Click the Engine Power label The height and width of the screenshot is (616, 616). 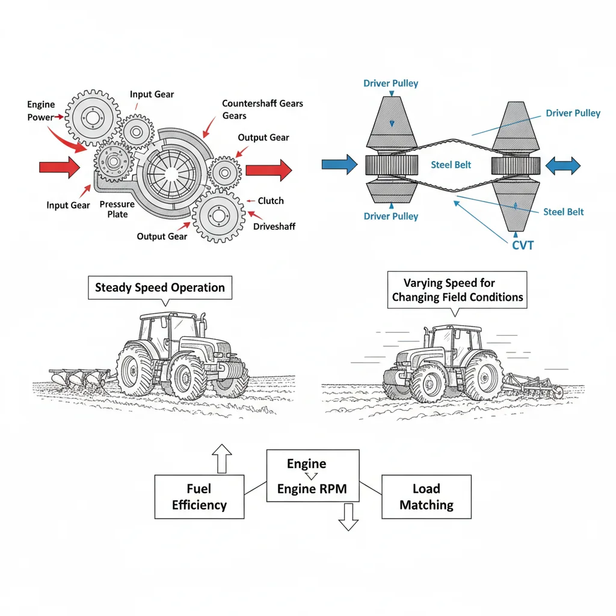tap(41, 111)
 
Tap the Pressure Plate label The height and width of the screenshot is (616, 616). tap(117, 209)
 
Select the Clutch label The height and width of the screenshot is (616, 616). tap(271, 201)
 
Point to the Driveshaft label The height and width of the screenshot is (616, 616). tap(274, 227)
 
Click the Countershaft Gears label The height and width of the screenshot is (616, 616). tap(262, 109)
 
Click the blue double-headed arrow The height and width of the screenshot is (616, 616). tap(562, 165)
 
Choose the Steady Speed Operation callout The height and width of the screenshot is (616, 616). tap(160, 288)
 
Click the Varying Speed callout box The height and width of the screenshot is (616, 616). tap(457, 290)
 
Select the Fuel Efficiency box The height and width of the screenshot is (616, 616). tap(199, 497)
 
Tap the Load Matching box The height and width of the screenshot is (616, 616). tap(427, 497)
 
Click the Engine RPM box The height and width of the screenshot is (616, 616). tap(312, 476)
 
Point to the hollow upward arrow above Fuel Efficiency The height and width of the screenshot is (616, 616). tap(222, 458)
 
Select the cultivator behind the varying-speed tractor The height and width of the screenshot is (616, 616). tap(532, 385)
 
